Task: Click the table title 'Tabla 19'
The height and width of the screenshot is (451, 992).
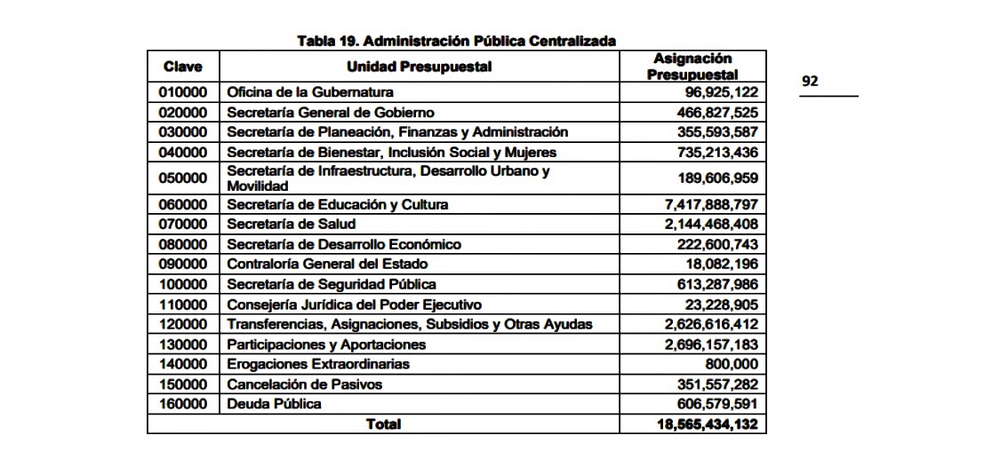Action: (x=456, y=41)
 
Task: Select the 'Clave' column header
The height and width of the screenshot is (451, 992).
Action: (x=182, y=67)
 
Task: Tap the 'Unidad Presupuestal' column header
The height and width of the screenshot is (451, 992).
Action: (x=419, y=67)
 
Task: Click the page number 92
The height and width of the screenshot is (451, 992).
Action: (x=810, y=82)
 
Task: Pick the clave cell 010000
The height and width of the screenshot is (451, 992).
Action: (x=182, y=92)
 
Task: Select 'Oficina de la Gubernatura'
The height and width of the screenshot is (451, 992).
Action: (x=310, y=92)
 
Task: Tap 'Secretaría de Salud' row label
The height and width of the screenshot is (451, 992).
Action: (x=292, y=225)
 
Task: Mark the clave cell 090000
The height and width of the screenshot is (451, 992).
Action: (x=182, y=265)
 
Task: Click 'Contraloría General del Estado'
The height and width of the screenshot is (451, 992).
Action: (x=327, y=265)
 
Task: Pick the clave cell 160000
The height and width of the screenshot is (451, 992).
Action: (x=182, y=404)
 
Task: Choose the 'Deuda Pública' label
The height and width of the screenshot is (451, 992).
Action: (x=274, y=404)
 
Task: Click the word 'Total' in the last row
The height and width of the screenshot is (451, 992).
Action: (x=383, y=424)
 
